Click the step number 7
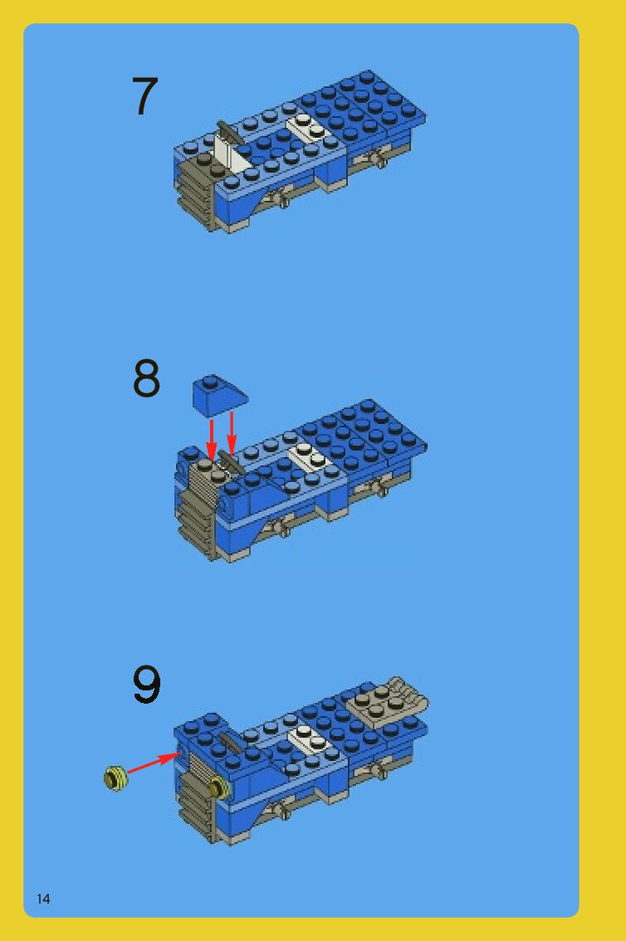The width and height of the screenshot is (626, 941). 144,96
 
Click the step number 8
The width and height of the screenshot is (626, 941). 146,378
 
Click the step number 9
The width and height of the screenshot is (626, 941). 146,684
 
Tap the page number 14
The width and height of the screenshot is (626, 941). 43,899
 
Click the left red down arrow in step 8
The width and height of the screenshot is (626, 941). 211,440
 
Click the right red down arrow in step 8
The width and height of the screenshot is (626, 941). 231,432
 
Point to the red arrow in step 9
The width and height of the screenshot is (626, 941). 154,762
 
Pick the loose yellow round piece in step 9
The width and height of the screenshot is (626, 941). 115,778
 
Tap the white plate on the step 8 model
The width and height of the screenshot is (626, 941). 309,457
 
